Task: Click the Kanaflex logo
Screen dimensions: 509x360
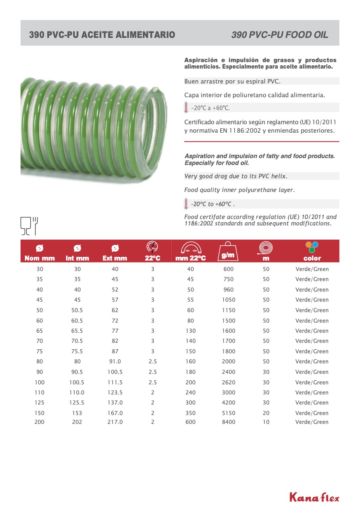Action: [314, 497]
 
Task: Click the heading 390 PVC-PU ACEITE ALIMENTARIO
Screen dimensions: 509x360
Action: [102, 35]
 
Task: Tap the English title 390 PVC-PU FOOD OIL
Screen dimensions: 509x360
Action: [279, 35]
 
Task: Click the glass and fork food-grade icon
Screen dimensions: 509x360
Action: [29, 225]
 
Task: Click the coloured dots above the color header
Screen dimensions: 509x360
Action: [312, 247]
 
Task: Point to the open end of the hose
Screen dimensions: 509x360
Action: [155, 129]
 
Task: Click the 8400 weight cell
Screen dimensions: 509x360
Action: [229, 422]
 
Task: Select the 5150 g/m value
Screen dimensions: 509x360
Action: [229, 413]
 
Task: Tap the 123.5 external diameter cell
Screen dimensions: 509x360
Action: [115, 392]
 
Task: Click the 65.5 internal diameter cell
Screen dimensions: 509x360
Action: [77, 331]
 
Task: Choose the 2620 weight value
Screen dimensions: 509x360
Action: [229, 382]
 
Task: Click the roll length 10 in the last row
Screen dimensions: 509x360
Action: [266, 422]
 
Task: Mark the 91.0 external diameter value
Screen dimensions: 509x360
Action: [115, 361]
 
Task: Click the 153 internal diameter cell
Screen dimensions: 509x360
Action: [77, 413]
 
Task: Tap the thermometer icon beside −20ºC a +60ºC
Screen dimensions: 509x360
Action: [186, 107]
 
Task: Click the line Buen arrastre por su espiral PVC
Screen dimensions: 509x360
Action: [232, 81]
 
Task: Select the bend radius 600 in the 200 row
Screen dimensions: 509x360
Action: [190, 422]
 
